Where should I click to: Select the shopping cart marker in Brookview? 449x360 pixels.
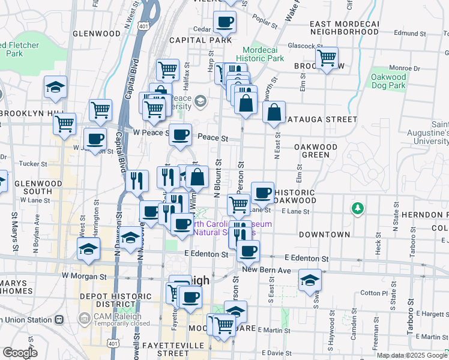coord(327,58)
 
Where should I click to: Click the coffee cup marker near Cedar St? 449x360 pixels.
coord(225,23)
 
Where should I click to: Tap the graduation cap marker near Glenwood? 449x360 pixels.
coord(55,88)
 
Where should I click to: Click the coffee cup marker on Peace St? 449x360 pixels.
coord(179,136)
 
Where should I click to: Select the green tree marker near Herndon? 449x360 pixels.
coord(358,208)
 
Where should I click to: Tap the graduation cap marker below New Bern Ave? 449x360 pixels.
coord(310,281)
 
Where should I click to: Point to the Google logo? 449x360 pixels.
coord(20,353)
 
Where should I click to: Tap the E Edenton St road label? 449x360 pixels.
coord(206,254)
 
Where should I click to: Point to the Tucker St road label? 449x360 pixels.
coord(33,163)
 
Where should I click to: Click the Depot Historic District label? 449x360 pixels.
coord(117,301)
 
